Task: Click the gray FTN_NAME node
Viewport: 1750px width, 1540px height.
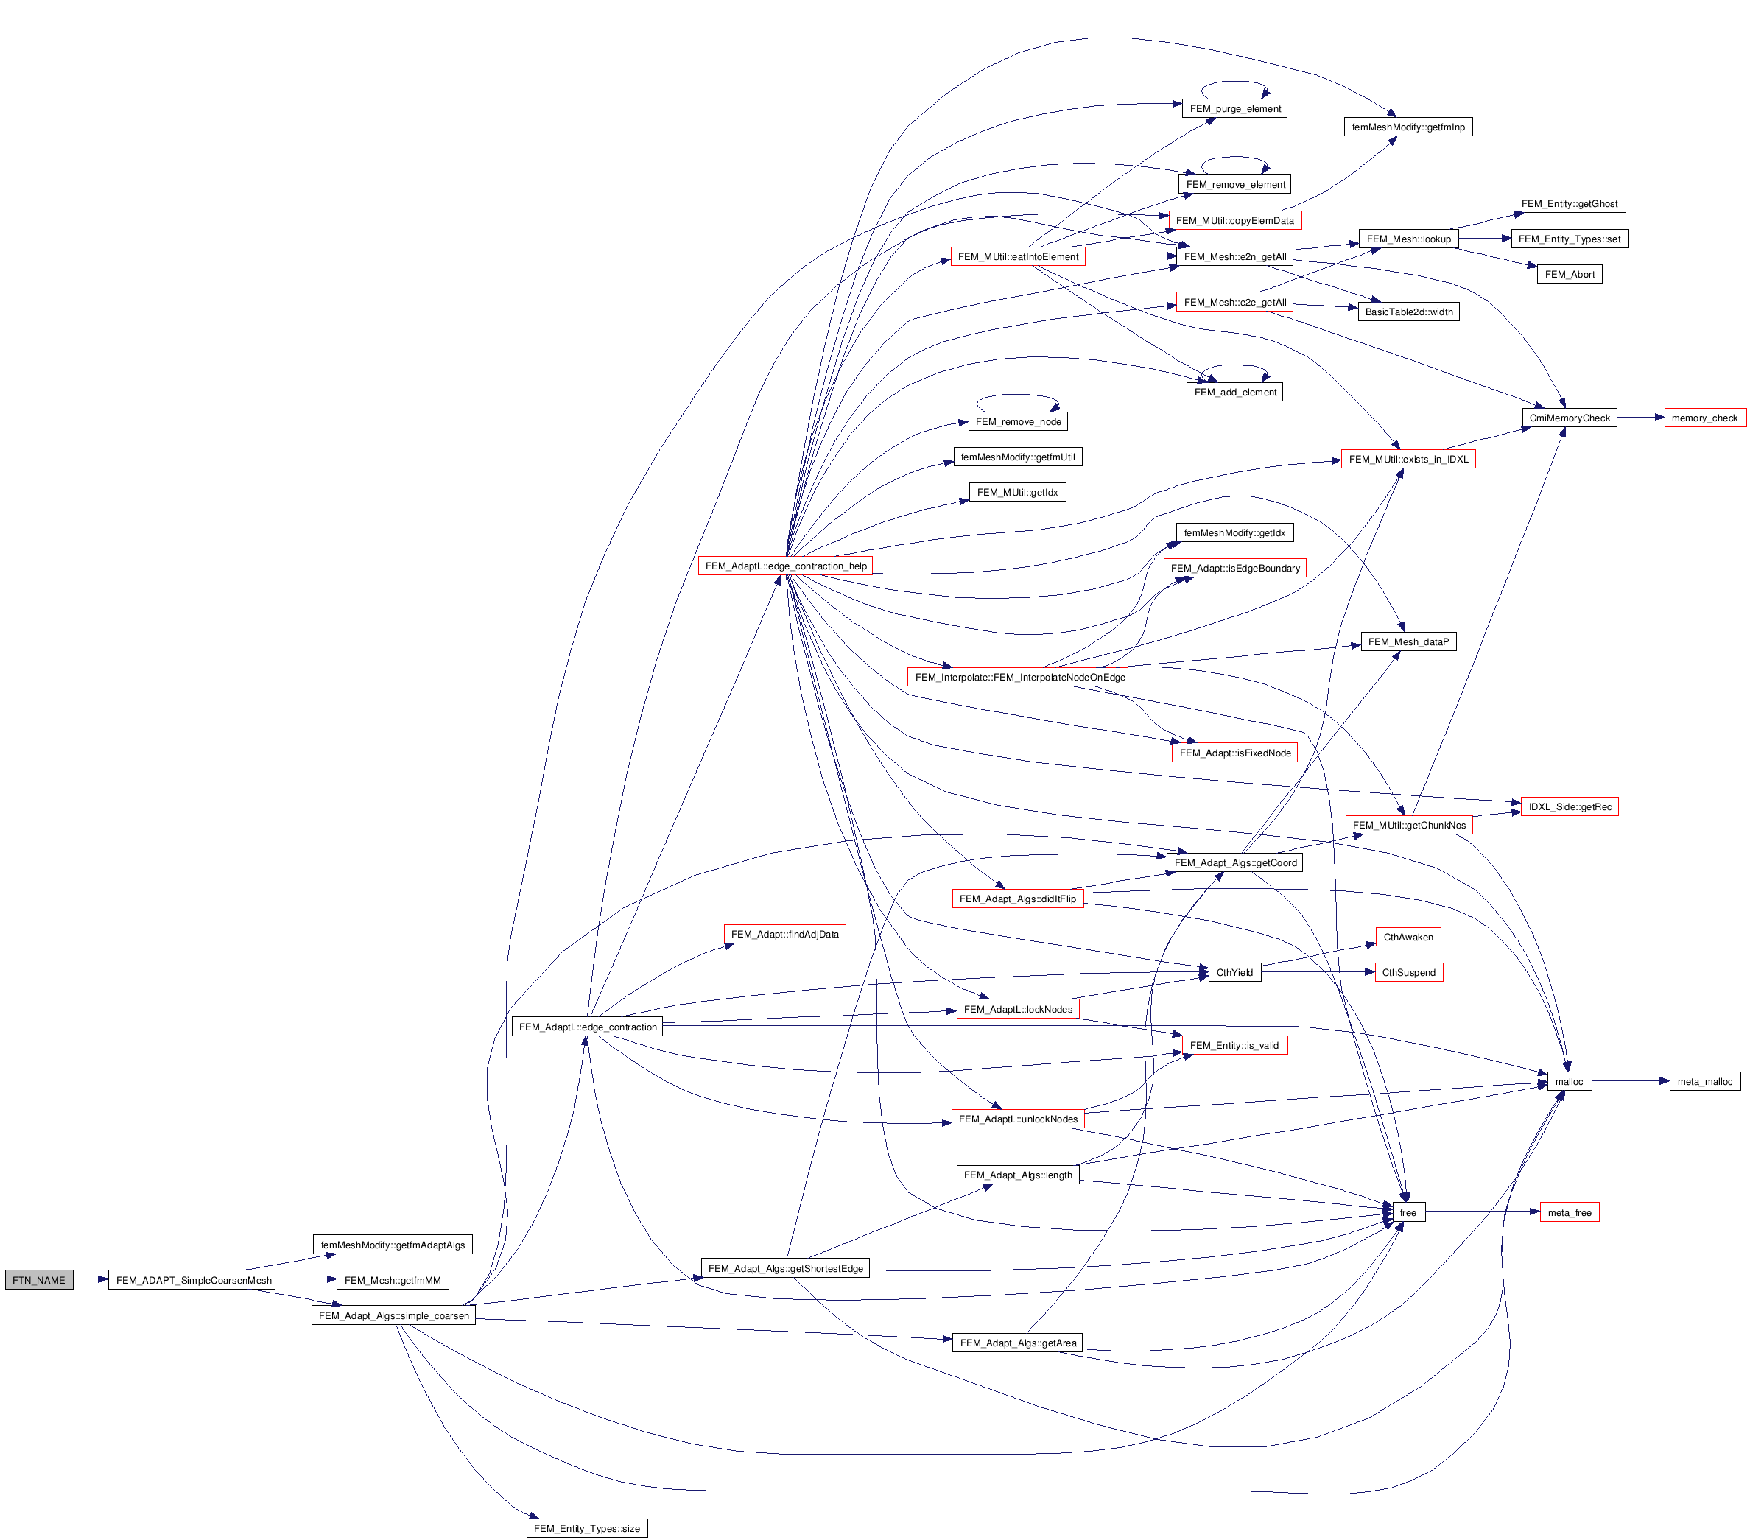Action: pos(38,1280)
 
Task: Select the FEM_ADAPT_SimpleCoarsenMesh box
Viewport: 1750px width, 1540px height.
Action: pos(194,1280)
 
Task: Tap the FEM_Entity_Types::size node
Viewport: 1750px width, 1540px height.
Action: pos(586,1528)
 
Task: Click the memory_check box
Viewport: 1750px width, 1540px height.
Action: pos(1704,418)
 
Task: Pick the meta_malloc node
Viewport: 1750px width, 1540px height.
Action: pos(1704,1081)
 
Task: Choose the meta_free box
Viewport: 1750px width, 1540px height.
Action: pos(1569,1212)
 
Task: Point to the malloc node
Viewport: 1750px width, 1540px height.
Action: pos(1569,1081)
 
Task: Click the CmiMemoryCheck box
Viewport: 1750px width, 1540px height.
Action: pos(1569,418)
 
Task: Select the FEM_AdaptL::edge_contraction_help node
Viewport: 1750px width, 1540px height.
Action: pos(785,566)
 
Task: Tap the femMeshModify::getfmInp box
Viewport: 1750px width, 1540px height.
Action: pos(1408,127)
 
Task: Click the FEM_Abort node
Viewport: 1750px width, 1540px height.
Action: pos(1569,274)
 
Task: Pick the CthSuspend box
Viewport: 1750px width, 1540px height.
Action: pos(1408,972)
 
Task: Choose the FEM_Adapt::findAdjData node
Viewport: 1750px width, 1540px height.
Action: pos(784,934)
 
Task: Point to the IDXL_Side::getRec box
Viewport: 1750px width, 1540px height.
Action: pos(1569,806)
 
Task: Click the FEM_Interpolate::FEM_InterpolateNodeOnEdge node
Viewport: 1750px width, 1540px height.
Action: pos(1019,677)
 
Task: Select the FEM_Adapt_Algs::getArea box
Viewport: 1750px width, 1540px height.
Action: pos(1017,1343)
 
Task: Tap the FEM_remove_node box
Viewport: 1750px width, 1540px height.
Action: pos(1017,421)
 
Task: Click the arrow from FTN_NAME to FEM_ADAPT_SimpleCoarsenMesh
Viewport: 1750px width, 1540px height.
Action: pos(91,1280)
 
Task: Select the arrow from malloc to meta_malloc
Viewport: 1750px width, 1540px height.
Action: pos(1630,1081)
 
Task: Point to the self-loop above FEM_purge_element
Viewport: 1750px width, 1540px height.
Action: pos(1234,83)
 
